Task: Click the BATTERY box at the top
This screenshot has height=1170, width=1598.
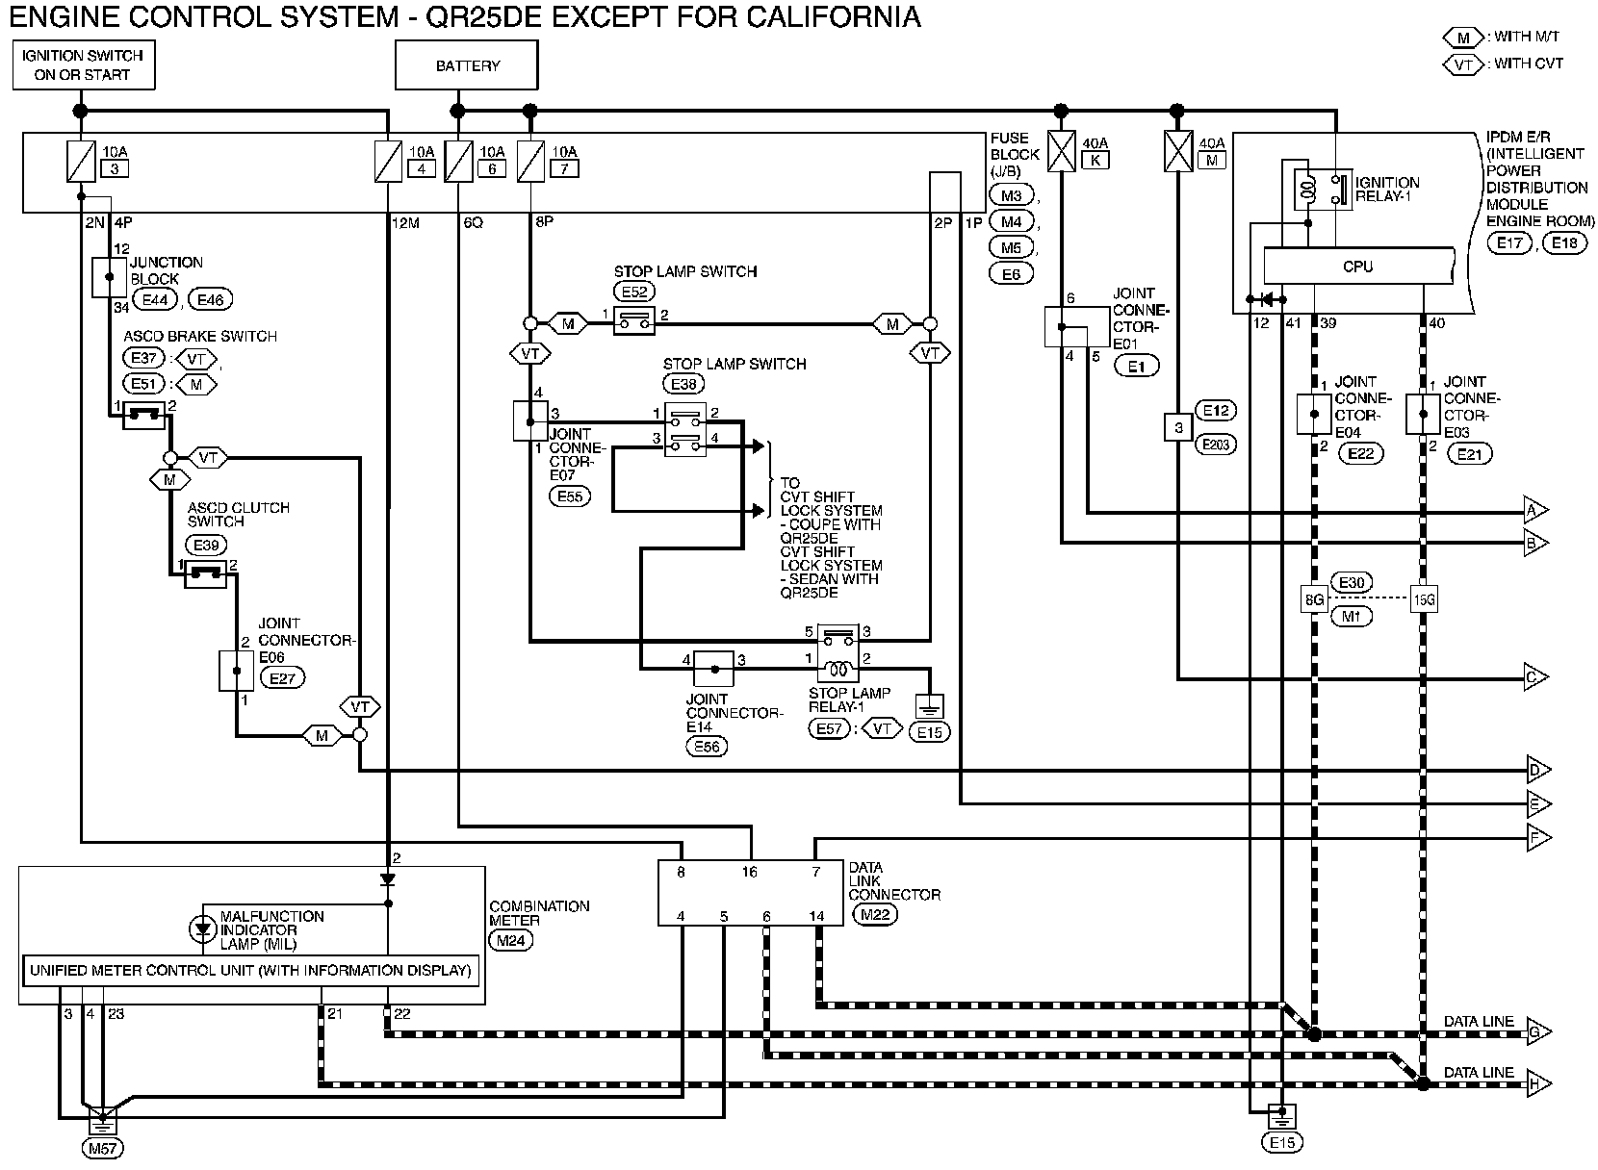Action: tap(468, 66)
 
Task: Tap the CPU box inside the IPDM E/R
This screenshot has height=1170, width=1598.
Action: tap(1357, 266)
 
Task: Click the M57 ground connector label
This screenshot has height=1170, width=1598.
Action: tap(103, 1148)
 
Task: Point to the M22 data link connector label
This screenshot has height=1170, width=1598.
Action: tap(875, 915)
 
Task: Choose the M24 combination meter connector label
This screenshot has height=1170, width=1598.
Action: tap(511, 941)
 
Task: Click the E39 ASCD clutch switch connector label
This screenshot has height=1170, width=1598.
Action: tap(207, 546)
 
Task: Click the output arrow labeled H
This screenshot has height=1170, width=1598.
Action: tap(1536, 1084)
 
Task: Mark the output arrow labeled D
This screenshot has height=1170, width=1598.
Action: tap(1536, 770)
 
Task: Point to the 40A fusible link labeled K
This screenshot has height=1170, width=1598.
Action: tap(1095, 161)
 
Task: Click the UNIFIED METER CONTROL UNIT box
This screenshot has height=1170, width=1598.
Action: tap(250, 970)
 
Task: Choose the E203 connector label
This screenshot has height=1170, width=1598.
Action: tap(1215, 445)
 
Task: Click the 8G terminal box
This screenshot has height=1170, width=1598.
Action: tap(1315, 599)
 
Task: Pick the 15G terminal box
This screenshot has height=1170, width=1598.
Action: tap(1424, 599)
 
